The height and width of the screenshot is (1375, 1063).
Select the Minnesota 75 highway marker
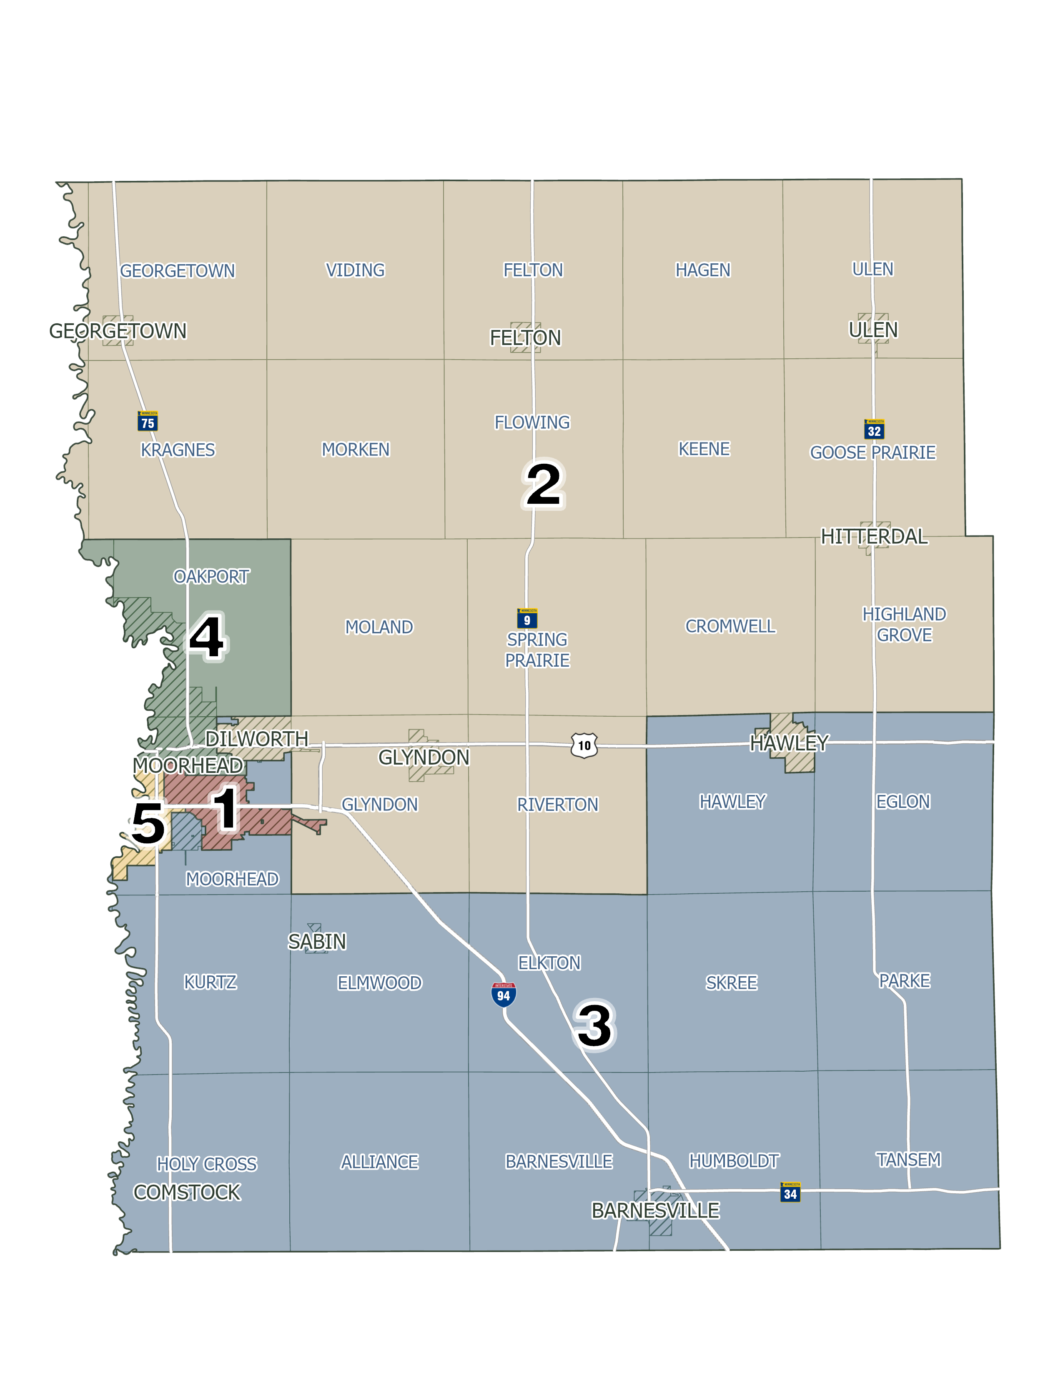(x=147, y=421)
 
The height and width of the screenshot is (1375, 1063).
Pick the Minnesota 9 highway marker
(x=526, y=618)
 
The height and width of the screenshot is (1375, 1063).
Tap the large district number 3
(x=594, y=1025)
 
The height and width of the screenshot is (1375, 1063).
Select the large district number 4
(x=206, y=637)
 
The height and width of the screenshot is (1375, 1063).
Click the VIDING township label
(x=355, y=270)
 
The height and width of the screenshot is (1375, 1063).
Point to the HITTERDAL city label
(x=874, y=536)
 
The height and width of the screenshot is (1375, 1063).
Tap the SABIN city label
(x=317, y=941)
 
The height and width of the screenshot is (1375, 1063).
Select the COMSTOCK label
(x=187, y=1192)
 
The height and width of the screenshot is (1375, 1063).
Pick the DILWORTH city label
(x=257, y=738)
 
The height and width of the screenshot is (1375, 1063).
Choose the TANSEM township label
(x=908, y=1159)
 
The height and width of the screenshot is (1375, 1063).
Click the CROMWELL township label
(x=730, y=626)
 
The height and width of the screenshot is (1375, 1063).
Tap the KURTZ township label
(x=211, y=982)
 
